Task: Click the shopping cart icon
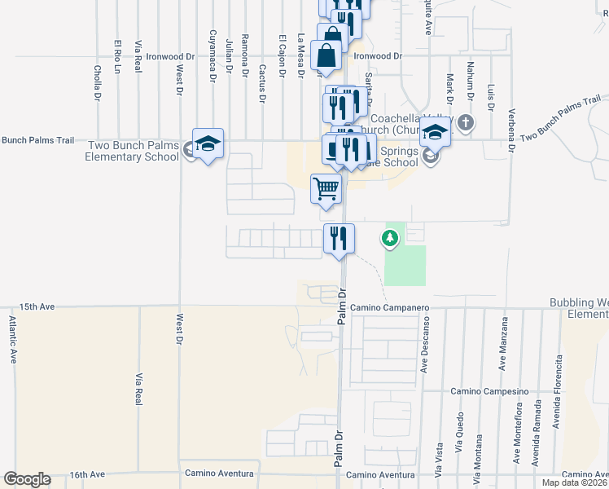[x=326, y=188]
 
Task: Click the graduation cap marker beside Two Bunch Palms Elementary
[x=208, y=143]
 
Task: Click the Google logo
[x=27, y=479]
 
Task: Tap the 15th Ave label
[x=36, y=307]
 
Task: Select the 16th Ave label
[x=87, y=474]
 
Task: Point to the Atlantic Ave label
[x=13, y=340]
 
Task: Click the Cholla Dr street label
[x=97, y=83]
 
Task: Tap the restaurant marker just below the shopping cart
[x=339, y=238]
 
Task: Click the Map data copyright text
[x=574, y=482]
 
